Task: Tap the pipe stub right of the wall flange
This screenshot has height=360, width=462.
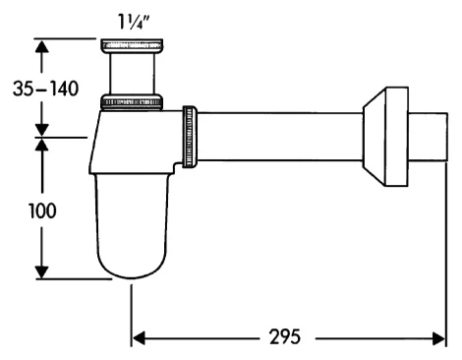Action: [x=431, y=138]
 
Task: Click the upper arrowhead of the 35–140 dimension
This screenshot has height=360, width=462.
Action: [x=42, y=46]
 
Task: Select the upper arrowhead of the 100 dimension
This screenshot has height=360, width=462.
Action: [x=42, y=147]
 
